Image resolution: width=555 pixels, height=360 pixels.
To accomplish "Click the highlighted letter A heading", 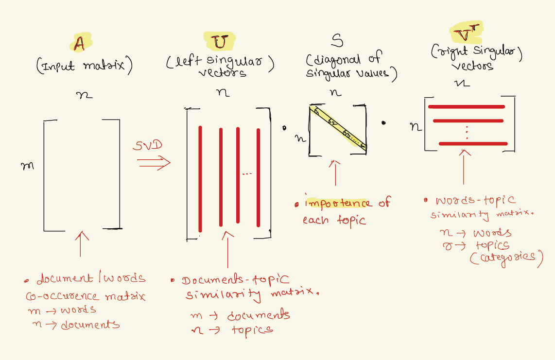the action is click(79, 44).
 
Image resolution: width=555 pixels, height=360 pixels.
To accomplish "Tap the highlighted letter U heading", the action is click(220, 42).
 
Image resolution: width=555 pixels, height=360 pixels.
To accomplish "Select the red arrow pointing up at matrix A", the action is click(81, 243).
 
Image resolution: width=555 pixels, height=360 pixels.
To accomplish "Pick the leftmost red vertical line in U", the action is click(200, 176).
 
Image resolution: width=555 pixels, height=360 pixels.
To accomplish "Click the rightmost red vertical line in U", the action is click(258, 177).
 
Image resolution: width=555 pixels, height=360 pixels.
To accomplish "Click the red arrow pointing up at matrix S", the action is click(335, 172).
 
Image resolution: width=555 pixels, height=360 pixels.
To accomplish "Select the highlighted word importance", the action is click(337, 203).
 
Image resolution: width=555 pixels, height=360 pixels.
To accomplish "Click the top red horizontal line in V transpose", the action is click(466, 107).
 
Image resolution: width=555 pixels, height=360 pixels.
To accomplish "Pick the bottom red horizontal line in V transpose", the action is click(473, 144).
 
